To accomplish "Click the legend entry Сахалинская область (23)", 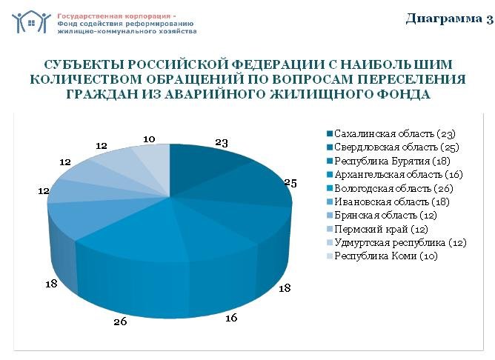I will [393, 133].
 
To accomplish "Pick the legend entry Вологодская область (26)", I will [395, 188].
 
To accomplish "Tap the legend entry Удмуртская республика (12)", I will [400, 243].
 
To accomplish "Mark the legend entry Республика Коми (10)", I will [385, 256].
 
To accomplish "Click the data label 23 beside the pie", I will [222, 143].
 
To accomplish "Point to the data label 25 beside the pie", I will [290, 183].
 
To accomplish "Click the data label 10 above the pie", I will [149, 139].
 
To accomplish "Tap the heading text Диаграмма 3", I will [449, 19].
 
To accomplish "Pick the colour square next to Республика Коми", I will [329, 257].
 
